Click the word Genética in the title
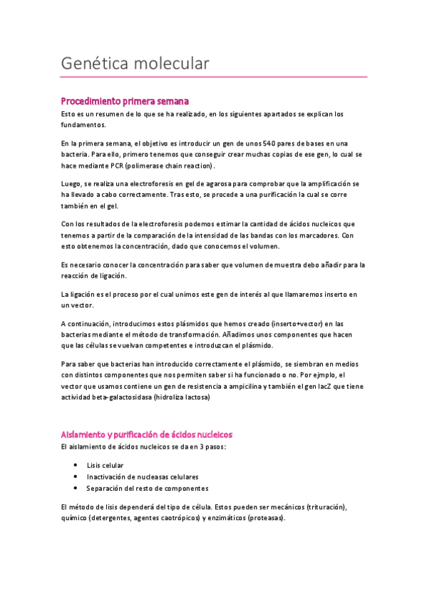[x=95, y=63]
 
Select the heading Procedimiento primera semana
[x=125, y=101]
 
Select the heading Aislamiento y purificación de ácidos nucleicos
[x=146, y=434]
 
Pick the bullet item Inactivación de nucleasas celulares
[x=143, y=477]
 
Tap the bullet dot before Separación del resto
[x=76, y=488]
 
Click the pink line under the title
[x=214, y=76]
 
